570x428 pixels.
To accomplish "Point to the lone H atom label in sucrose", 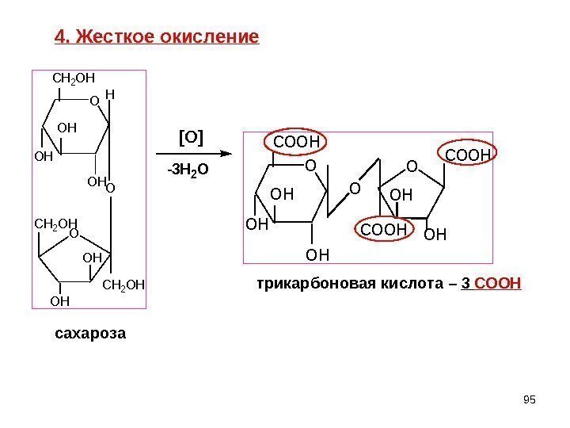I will [109, 94].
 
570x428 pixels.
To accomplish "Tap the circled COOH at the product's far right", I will [469, 152].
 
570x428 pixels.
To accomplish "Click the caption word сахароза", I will [90, 333].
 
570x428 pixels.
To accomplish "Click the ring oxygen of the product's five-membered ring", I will [410, 166].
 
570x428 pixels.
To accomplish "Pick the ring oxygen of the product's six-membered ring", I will [310, 166].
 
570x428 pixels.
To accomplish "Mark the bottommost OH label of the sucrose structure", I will [59, 301].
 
